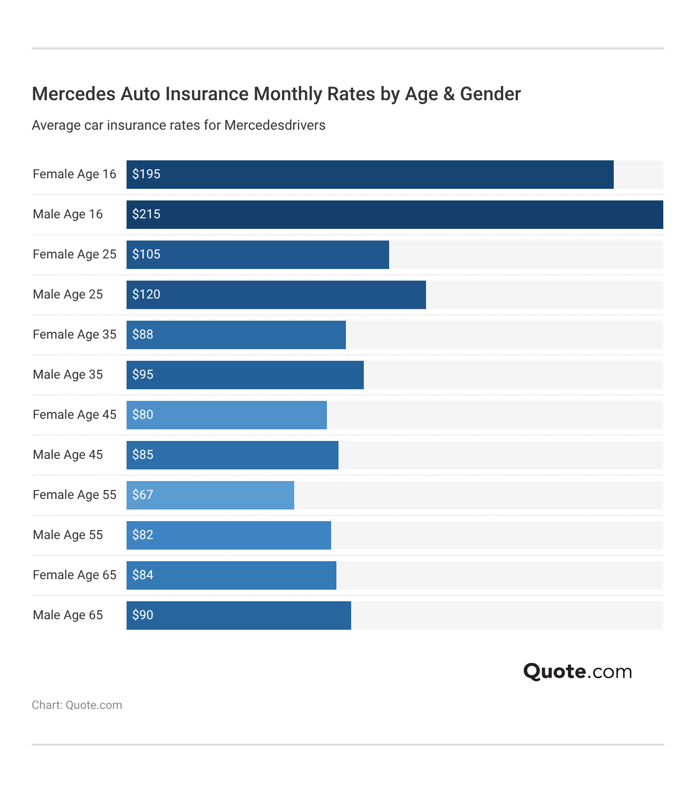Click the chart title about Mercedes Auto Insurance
[x=276, y=94]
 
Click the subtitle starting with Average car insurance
[x=179, y=126]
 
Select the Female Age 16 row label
[x=74, y=174]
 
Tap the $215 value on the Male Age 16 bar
[x=146, y=214]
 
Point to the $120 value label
[x=146, y=294]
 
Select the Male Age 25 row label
[x=68, y=294]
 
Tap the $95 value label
[x=143, y=374]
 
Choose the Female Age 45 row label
[x=74, y=415]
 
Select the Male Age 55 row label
[x=68, y=535]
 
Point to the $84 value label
[x=143, y=575]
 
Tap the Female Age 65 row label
[x=74, y=575]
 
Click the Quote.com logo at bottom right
[x=577, y=671]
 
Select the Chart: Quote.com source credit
[x=77, y=705]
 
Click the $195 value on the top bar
[x=146, y=174]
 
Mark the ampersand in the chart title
[x=449, y=94]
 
